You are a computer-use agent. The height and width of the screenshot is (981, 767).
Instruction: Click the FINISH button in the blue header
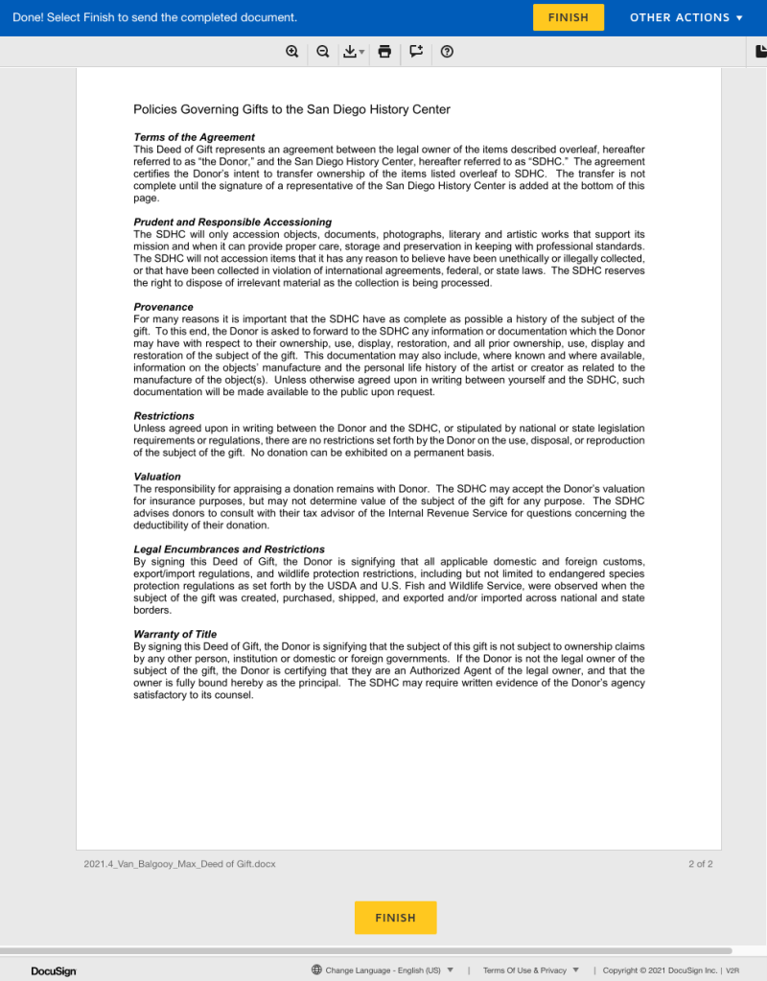pyautogui.click(x=569, y=17)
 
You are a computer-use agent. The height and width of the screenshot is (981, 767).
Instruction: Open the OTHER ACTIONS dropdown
pyautogui.click(x=686, y=17)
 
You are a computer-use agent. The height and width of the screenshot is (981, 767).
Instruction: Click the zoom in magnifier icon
pyautogui.click(x=292, y=52)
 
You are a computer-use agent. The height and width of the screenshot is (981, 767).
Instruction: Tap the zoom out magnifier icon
pyautogui.click(x=323, y=52)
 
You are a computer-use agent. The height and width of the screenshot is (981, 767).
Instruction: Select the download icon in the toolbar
pyautogui.click(x=351, y=52)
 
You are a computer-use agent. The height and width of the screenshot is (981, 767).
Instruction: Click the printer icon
pyautogui.click(x=384, y=52)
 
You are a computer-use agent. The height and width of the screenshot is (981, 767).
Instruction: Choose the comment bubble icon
pyautogui.click(x=416, y=52)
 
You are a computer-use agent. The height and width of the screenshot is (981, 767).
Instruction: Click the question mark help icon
pyautogui.click(x=447, y=52)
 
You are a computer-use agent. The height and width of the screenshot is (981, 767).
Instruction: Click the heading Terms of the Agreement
pyautogui.click(x=194, y=137)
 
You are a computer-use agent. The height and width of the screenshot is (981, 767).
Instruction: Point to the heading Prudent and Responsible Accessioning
pyautogui.click(x=232, y=222)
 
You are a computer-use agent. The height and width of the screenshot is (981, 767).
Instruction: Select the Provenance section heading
pyautogui.click(x=163, y=307)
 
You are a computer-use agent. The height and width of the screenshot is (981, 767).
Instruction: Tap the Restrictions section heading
pyautogui.click(x=164, y=416)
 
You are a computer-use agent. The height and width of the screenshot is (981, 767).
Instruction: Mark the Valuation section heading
pyautogui.click(x=157, y=477)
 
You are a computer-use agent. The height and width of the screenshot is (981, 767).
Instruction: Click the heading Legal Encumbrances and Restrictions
pyautogui.click(x=229, y=549)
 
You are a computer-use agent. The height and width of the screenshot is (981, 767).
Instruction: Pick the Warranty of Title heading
pyautogui.click(x=174, y=634)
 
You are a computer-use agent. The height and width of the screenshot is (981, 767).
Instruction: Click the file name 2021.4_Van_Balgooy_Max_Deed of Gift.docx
pyautogui.click(x=179, y=864)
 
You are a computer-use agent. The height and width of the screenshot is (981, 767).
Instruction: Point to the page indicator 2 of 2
pyautogui.click(x=700, y=864)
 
